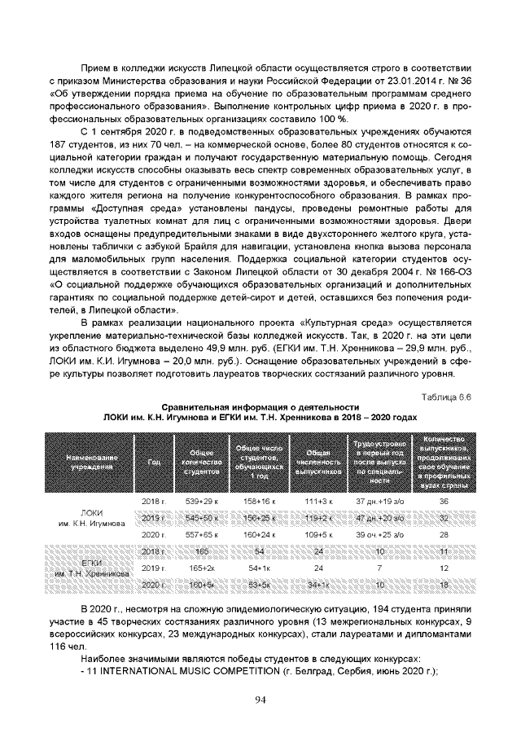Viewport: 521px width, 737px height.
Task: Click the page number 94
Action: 260,698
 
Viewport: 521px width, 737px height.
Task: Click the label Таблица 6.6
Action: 445,397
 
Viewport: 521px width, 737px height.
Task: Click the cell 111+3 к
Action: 319,500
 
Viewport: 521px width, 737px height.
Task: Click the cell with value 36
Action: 444,500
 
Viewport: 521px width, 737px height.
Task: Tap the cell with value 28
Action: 444,533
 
